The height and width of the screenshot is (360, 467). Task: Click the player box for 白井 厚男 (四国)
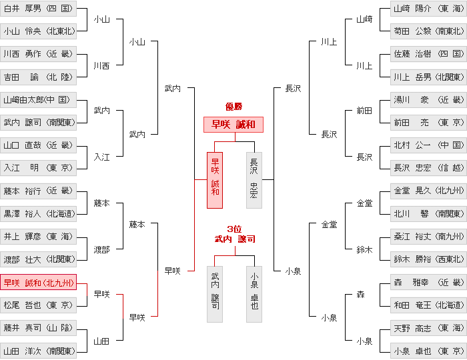click(38, 8)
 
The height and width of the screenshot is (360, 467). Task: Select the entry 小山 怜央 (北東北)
click(38, 31)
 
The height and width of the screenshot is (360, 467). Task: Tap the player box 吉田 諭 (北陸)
click(38, 77)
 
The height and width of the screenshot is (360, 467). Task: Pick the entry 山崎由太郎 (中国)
click(38, 100)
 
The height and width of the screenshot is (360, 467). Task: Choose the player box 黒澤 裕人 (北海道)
click(38, 214)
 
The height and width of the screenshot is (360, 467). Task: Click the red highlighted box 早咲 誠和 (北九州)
click(38, 282)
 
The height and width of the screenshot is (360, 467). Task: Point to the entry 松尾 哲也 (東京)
click(38, 305)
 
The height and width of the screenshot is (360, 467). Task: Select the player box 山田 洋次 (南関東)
click(38, 351)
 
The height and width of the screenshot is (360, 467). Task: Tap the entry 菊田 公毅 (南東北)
click(428, 31)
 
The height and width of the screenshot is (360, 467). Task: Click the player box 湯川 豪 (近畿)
click(428, 100)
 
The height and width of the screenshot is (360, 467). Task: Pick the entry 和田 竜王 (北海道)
click(428, 305)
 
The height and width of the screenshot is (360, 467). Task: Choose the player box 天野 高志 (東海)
click(428, 328)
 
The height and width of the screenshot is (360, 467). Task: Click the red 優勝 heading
click(233, 107)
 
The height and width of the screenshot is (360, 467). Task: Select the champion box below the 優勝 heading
click(233, 125)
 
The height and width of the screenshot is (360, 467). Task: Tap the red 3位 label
click(234, 229)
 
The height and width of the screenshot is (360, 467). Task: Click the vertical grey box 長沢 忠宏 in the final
click(254, 180)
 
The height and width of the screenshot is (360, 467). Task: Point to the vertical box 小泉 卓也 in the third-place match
click(254, 294)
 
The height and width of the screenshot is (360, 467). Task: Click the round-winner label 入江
click(102, 157)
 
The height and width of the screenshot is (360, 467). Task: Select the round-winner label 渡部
click(102, 249)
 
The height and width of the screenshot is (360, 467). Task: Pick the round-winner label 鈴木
click(364, 249)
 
